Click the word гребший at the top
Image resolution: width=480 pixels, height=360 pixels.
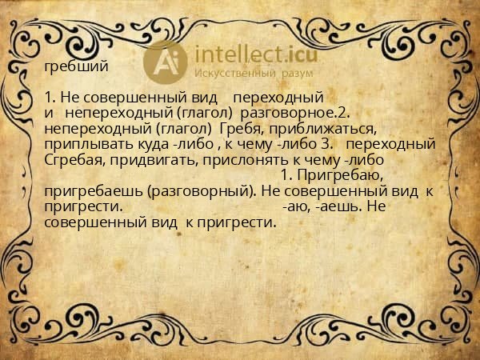76,66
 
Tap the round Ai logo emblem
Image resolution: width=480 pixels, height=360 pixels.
165,62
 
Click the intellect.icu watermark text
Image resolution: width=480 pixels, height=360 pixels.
256,54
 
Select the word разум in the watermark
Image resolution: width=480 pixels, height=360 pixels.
298,74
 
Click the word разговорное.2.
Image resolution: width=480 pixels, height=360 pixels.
295,114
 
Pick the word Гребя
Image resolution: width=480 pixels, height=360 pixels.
242,129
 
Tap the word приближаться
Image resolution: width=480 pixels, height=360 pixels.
322,129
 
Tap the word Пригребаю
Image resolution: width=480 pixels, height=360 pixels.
340,176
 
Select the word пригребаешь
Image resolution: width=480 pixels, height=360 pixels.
94,191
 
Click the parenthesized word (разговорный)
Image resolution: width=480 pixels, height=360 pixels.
202,192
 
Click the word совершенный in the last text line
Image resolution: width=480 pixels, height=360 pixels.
95,222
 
